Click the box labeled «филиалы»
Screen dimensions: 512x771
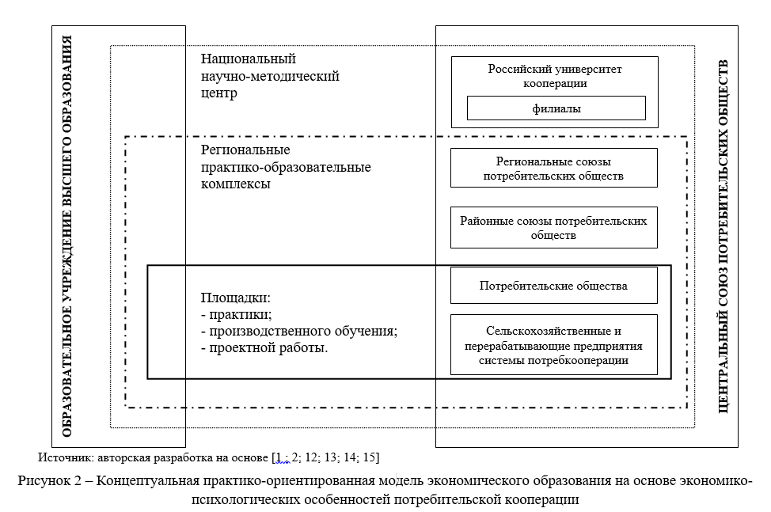tap(556, 108)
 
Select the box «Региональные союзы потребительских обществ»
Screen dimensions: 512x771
tap(553, 168)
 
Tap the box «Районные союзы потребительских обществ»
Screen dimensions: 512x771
tap(553, 228)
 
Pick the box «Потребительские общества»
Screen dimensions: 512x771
tap(553, 286)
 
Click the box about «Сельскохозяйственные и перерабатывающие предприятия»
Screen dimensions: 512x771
tap(553, 345)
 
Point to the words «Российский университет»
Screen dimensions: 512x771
tap(554, 69)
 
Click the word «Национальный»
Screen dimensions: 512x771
tap(248, 59)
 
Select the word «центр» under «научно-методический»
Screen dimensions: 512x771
tap(219, 93)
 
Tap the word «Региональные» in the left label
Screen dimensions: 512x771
tap(245, 150)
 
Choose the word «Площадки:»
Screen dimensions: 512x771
tap(236, 299)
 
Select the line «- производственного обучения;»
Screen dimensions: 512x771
tap(298, 331)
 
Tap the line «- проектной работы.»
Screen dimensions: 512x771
tap(264, 347)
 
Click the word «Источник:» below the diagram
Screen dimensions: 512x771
tap(62, 457)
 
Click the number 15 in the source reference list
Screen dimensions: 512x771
tap(370, 457)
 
